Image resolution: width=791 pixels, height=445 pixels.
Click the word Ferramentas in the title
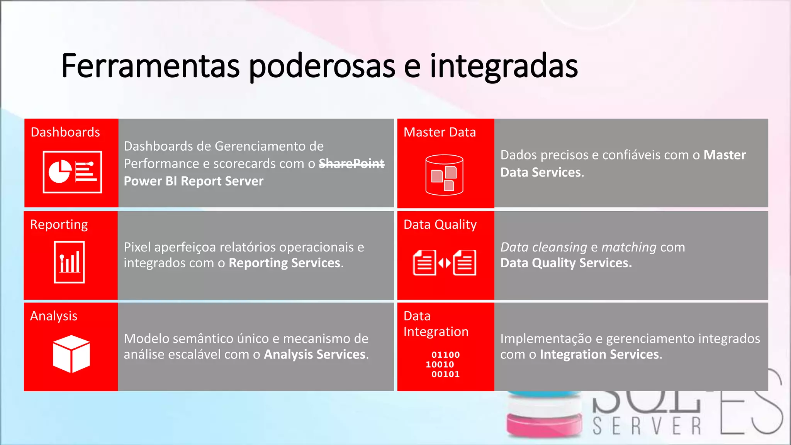coord(151,66)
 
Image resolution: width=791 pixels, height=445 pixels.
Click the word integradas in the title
coord(504,66)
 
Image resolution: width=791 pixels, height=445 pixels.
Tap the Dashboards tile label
coord(65,132)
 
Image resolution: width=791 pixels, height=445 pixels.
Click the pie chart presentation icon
coord(72,172)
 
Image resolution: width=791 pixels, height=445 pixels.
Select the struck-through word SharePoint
coord(351,164)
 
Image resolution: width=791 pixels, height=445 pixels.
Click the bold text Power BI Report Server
coord(194,181)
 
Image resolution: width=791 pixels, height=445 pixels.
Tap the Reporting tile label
coord(59,224)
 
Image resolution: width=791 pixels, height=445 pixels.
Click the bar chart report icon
coord(70,262)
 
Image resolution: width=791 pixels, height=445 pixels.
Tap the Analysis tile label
coord(54,316)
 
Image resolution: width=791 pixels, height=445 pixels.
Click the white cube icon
coord(71,354)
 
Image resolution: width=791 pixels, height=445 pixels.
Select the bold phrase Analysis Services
coord(315,355)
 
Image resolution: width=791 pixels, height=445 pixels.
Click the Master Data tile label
coord(440,132)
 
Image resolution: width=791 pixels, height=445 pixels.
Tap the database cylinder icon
coord(444,175)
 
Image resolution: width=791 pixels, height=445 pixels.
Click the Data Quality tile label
coord(440,224)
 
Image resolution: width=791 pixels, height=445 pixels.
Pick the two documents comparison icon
coord(445,263)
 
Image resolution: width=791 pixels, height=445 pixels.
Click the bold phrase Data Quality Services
coord(566,263)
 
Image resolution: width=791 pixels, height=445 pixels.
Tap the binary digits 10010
coord(440,364)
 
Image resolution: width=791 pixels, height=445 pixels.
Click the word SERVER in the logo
coord(647,426)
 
